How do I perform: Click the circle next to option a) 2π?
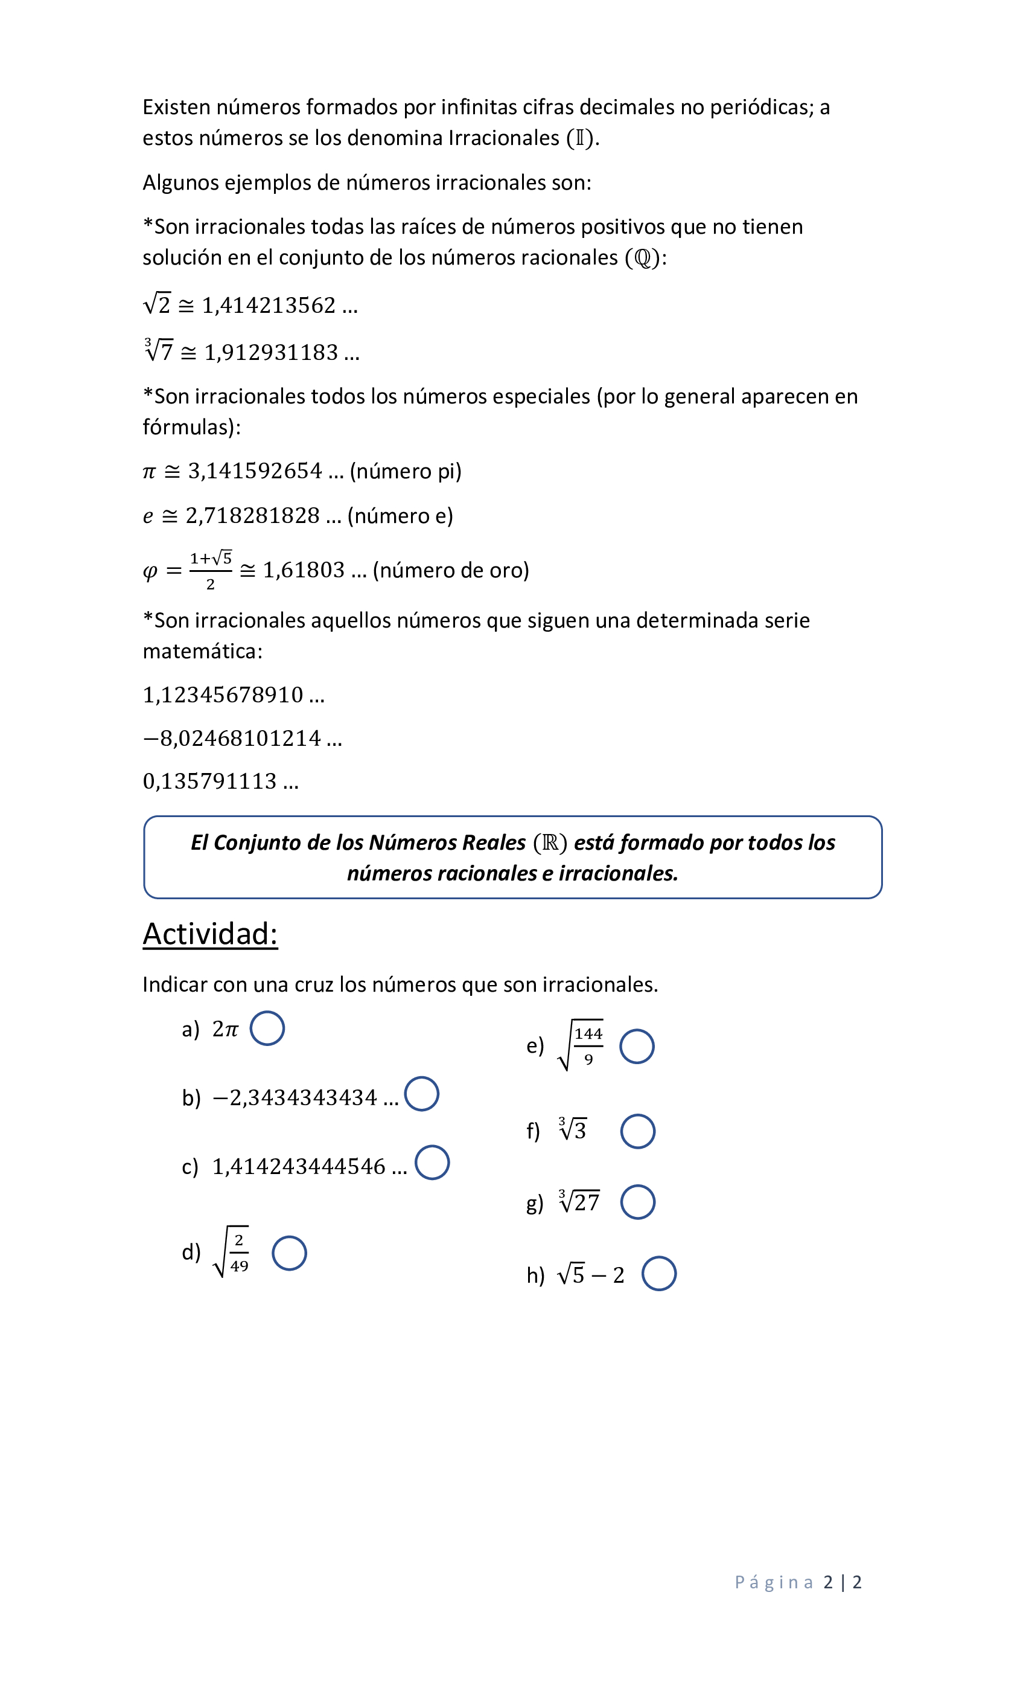(x=267, y=1028)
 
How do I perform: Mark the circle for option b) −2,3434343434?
(x=421, y=1094)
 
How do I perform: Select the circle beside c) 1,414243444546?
(x=432, y=1163)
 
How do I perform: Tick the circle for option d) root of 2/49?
(x=288, y=1253)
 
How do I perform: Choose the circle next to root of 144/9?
(x=637, y=1047)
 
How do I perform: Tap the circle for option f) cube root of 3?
(x=637, y=1131)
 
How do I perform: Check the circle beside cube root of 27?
(x=637, y=1202)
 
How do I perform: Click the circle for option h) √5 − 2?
(x=658, y=1274)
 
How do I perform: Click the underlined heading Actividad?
(x=210, y=934)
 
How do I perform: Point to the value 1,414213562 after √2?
(x=269, y=306)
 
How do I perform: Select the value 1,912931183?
(x=272, y=353)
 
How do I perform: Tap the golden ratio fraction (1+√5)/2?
(x=211, y=570)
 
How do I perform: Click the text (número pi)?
(x=406, y=472)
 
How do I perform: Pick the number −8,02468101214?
(x=232, y=739)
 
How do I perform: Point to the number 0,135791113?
(x=210, y=781)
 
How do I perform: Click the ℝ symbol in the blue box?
(x=549, y=842)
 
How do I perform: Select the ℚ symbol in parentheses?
(x=643, y=258)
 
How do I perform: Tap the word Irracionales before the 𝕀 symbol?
(x=503, y=138)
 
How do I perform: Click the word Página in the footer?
(x=774, y=1582)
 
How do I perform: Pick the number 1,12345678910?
(x=223, y=695)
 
